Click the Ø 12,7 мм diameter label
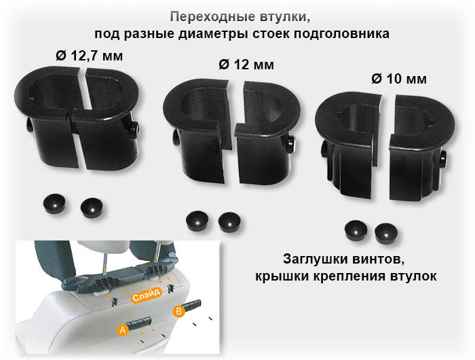[x=90, y=56]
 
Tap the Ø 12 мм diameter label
[x=246, y=65]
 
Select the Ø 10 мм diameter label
[x=399, y=79]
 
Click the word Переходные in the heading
[x=212, y=17]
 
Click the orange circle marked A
[x=123, y=329]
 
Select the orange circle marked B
[x=178, y=311]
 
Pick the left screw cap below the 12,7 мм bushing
[x=54, y=204]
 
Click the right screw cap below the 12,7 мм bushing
[x=92, y=209]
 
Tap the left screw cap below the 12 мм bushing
[x=197, y=221]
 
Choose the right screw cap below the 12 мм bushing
[x=229, y=222]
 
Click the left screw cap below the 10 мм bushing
[x=356, y=232]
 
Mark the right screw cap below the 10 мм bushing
[x=386, y=234]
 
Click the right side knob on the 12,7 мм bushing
[x=134, y=130]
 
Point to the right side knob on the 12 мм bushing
[x=290, y=145]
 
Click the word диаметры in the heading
[x=214, y=34]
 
